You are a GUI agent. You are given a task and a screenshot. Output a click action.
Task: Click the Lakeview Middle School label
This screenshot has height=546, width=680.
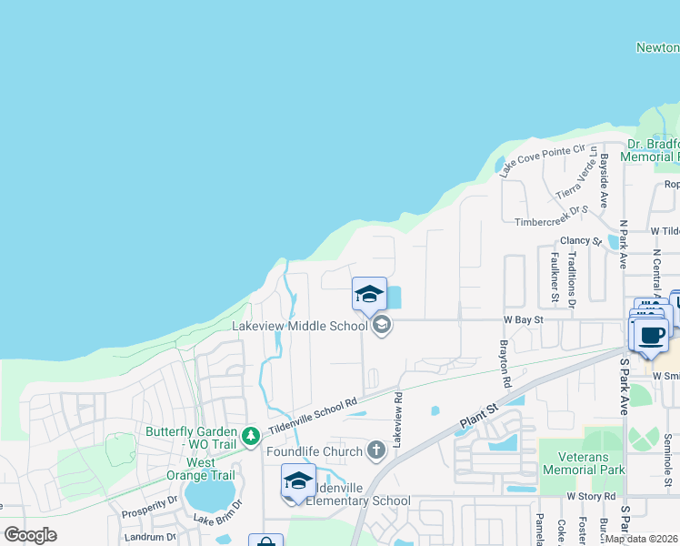[299, 325]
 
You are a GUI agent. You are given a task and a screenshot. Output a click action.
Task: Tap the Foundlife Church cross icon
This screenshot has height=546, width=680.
[377, 450]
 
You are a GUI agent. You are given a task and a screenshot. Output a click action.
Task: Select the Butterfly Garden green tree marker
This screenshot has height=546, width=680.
[249, 438]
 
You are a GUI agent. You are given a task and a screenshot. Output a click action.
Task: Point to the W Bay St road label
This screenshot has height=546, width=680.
[523, 319]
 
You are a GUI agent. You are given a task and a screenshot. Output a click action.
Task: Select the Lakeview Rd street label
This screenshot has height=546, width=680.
[397, 420]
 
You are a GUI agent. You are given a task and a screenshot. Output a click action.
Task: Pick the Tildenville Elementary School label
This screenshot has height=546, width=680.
[358, 500]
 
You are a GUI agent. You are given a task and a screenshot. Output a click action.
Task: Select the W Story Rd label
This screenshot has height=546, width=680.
[591, 496]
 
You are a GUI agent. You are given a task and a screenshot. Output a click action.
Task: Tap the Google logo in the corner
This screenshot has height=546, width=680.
[30, 535]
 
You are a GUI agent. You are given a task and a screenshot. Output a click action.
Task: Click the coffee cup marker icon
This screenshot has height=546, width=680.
[651, 334]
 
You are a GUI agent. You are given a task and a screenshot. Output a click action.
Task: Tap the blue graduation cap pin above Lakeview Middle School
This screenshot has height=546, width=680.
[370, 294]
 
